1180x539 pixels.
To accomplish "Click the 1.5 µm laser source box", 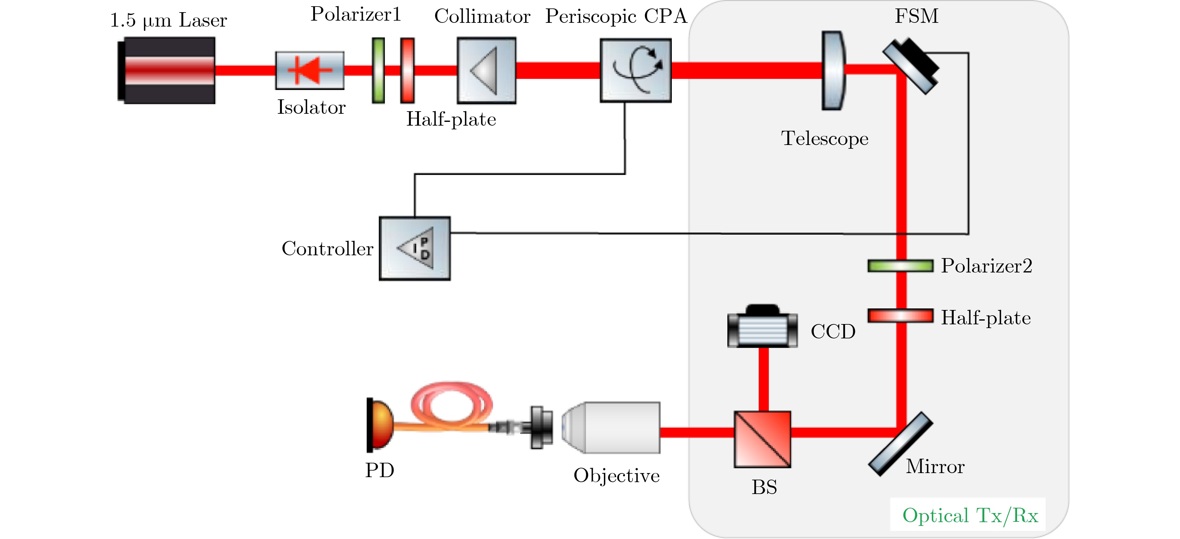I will point(167,71).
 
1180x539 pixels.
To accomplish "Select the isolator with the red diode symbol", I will point(310,71).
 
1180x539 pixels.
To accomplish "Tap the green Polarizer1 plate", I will point(378,71).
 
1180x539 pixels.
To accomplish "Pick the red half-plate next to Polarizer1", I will point(407,71).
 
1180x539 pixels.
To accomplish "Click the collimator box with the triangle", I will point(486,71).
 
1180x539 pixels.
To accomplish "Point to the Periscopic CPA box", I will point(636,71).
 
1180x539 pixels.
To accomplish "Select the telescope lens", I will point(833,71).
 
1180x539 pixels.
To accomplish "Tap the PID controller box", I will point(415,248).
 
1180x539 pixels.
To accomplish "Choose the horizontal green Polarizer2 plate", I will point(900,266).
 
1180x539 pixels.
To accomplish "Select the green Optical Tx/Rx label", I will point(970,516).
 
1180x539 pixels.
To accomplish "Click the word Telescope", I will point(824,138).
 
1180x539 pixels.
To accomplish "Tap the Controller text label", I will point(327,249).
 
